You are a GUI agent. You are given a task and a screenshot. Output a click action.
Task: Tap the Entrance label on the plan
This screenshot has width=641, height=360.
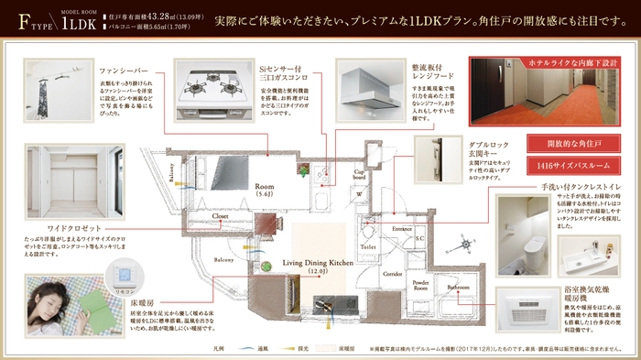(x=403, y=227)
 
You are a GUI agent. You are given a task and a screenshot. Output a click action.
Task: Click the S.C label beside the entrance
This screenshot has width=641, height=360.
(x=418, y=238)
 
